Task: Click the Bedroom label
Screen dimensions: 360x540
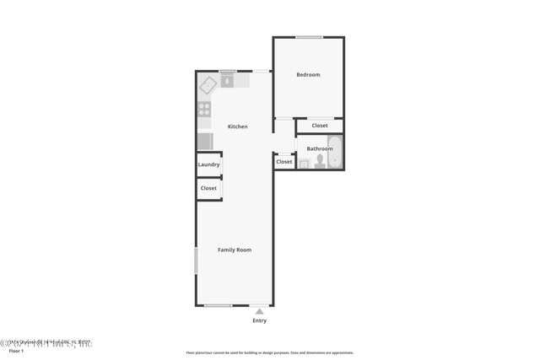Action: [308, 75]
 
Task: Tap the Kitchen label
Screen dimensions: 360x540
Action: [238, 126]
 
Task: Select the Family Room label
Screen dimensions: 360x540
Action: [235, 250]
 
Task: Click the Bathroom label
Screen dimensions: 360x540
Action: [319, 149]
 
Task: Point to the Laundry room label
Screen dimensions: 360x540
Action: [208, 164]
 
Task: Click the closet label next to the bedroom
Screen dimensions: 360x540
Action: [320, 126]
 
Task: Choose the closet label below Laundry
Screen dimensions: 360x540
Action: [208, 188]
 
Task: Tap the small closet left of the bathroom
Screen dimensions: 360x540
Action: [284, 161]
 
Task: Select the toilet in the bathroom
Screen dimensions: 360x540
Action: [320, 162]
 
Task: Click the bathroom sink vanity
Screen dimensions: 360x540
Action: [304, 164]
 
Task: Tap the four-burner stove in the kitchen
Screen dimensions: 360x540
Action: [204, 109]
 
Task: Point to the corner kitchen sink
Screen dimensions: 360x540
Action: [208, 83]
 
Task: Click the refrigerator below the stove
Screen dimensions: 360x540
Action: [205, 141]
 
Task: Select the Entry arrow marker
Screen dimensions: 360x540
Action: [259, 310]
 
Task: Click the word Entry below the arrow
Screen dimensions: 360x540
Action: [259, 320]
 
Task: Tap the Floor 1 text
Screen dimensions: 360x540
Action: [17, 351]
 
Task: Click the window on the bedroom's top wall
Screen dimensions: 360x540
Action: [309, 37]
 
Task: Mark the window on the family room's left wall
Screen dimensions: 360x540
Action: [197, 260]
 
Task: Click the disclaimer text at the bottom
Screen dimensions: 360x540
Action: [269, 352]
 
